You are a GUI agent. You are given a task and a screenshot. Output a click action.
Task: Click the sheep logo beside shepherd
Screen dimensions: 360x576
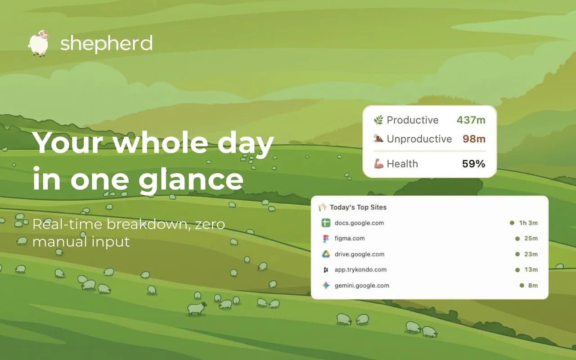tap(38, 43)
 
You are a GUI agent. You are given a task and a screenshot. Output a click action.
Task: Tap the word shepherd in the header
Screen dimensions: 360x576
tap(106, 44)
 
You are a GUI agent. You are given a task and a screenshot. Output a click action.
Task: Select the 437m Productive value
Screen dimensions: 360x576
tap(471, 120)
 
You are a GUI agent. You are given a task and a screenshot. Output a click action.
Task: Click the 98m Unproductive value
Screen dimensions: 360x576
tap(474, 139)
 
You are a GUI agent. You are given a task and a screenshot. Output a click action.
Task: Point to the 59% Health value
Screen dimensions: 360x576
tap(473, 164)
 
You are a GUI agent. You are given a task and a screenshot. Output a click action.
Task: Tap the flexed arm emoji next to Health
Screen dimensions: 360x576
tap(378, 164)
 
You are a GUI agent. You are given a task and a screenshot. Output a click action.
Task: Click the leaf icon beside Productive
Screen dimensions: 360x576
tap(378, 120)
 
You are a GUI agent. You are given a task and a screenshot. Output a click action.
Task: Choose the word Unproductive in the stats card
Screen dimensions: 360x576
tap(419, 139)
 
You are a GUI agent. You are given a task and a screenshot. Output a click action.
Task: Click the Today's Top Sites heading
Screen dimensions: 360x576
tap(358, 207)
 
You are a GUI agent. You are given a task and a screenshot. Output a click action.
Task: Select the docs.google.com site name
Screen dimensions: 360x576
tap(359, 223)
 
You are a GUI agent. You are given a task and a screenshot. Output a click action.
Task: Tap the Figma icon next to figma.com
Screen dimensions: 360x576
tap(326, 238)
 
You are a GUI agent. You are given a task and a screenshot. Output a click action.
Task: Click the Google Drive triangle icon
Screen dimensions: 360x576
tap(326, 254)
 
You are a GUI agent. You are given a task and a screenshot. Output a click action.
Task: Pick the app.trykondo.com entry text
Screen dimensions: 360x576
tap(360, 270)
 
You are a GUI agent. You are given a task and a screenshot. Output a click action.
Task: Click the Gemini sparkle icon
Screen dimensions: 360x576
tap(326, 285)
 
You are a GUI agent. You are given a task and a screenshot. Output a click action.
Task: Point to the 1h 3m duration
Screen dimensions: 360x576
tap(528, 223)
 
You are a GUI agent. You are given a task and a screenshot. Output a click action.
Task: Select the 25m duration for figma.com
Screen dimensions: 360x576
tap(531, 238)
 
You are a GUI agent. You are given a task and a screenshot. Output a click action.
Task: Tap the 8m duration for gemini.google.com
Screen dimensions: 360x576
tap(533, 285)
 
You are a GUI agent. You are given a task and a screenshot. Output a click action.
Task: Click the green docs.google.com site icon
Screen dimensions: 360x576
tap(326, 223)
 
